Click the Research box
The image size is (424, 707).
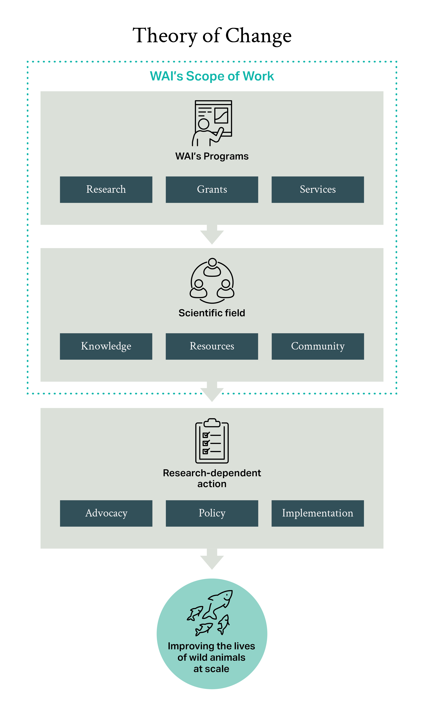coord(106,190)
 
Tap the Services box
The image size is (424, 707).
coord(318,190)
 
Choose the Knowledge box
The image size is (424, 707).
coord(106,346)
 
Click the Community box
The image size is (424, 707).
coord(318,346)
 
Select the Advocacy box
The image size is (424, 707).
coord(106,513)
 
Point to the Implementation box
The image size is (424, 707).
coord(318,513)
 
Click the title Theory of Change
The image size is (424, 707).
coord(212,36)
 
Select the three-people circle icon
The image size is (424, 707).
coord(212,281)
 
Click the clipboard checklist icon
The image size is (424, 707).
coord(212,441)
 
